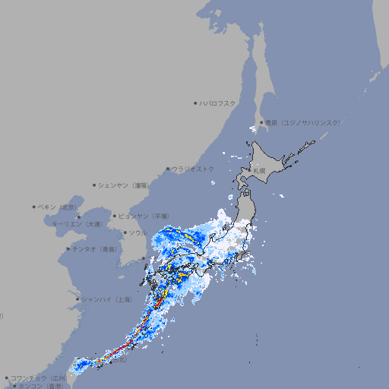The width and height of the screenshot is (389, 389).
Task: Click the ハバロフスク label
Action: coord(218,103)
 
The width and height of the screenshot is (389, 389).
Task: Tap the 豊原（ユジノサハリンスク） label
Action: coord(302,122)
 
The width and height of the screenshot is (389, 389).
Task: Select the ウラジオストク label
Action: coord(193,169)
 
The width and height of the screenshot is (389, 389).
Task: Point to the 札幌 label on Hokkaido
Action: coord(260,171)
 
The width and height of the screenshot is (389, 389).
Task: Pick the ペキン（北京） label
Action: coord(58,207)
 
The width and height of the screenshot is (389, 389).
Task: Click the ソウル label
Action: coord(138,232)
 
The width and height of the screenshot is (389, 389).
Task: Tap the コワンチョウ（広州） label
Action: coord(38,378)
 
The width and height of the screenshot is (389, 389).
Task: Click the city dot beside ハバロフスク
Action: coord(195,103)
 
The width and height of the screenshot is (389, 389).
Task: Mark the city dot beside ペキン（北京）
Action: coord(34,207)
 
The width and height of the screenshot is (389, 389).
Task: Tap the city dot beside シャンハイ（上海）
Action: coord(77,299)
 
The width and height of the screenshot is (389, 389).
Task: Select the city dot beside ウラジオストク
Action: coord(168,169)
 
